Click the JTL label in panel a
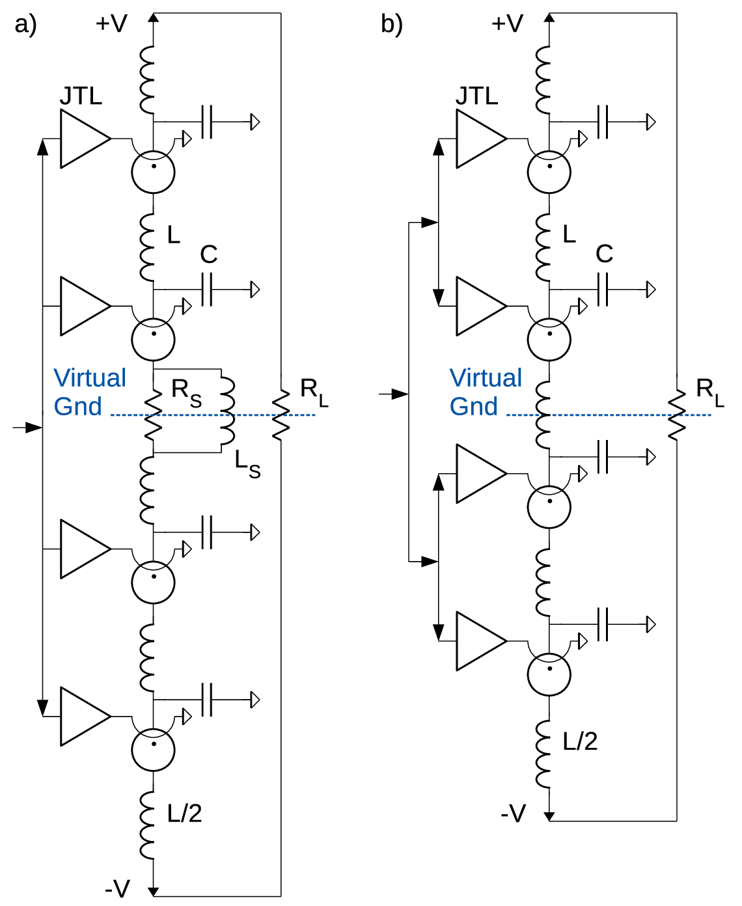[81, 96]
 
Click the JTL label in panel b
[476, 96]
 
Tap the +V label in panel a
[111, 23]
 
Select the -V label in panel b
[513, 813]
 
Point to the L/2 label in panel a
[184, 813]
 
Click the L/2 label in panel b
[580, 741]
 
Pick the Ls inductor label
[247, 464]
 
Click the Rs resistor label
[186, 393]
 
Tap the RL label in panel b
[709, 392]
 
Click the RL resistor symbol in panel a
[281, 415]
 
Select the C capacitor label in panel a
[209, 254]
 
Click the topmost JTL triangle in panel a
[85, 139]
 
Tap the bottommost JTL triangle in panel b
[482, 641]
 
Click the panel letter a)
[26, 25]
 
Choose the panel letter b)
[392, 25]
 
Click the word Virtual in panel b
[486, 377]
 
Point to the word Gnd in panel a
[77, 406]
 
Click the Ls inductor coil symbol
[227, 411]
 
